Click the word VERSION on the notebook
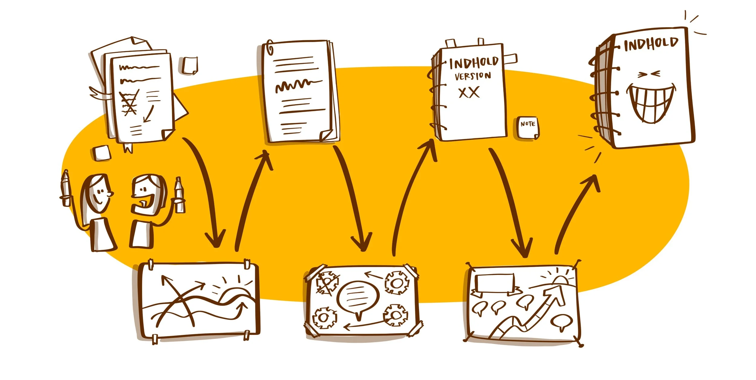pos(473,76)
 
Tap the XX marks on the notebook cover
pos(469,93)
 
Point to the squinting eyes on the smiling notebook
pos(649,74)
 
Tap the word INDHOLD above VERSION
pos(474,63)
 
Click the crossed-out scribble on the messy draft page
pos(129,103)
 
